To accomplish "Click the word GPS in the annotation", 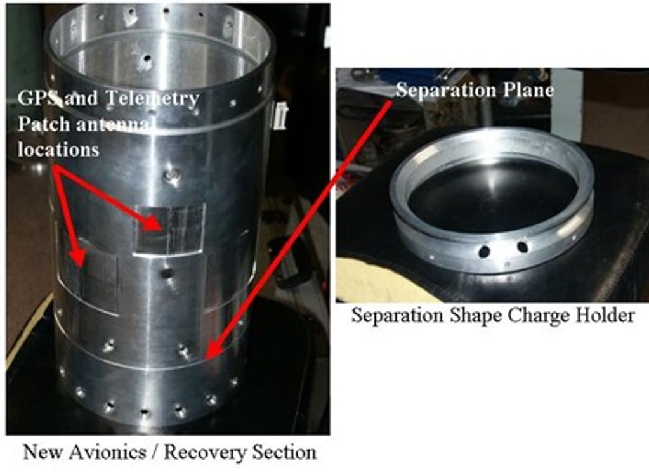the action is (x=36, y=98).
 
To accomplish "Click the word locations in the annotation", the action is (x=58, y=149).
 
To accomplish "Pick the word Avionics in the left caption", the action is (x=107, y=451).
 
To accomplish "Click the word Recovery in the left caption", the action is (x=204, y=452).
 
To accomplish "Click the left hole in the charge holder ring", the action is (x=484, y=250).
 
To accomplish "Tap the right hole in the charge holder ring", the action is (x=522, y=247).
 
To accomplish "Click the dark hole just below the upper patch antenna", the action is (x=167, y=273).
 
